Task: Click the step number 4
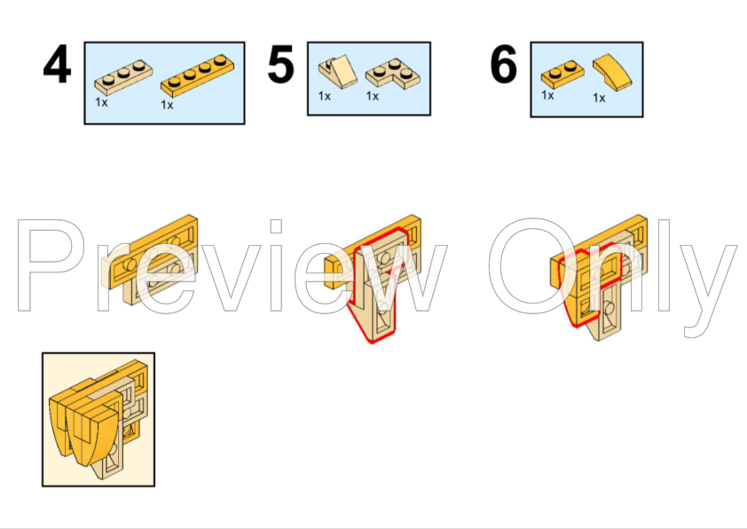(57, 64)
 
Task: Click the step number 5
(280, 64)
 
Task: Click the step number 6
(504, 64)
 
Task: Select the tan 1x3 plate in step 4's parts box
(124, 77)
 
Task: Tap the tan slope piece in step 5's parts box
(338, 72)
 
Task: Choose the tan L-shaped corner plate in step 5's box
(392, 74)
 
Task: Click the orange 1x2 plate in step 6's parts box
(562, 75)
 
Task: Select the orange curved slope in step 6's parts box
(613, 72)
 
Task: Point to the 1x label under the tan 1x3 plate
(101, 102)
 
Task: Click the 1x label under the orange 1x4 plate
(167, 105)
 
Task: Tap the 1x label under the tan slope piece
(325, 96)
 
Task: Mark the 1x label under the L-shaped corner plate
(372, 96)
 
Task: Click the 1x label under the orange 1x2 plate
(547, 95)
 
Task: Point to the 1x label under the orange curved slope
(599, 98)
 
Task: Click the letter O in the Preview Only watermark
(533, 266)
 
